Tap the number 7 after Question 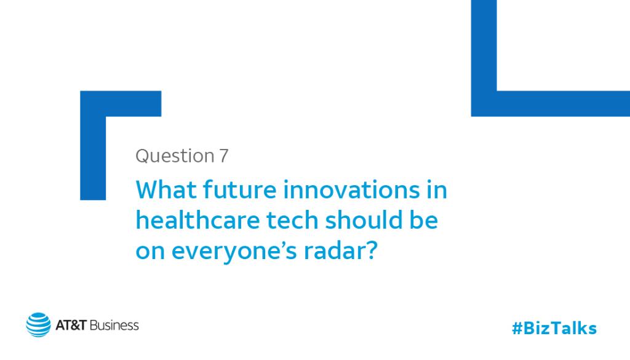click(223, 156)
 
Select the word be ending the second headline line click(426, 221)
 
